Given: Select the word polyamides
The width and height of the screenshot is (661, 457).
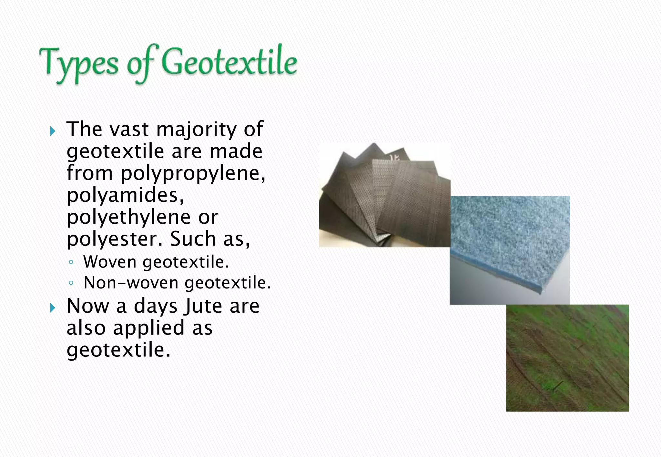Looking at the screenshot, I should pos(125,195).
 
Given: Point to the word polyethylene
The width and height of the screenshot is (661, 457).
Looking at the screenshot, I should pos(128,218).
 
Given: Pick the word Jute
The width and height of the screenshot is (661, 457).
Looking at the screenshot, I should pos(203,306).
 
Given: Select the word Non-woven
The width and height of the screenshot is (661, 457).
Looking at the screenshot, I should pos(131,283).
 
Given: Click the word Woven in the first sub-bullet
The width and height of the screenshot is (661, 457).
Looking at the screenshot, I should pos(110,262).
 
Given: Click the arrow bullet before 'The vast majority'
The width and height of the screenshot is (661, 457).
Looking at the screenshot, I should pos(53,131).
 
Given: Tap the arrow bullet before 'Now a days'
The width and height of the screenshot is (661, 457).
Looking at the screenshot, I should pos(53,308).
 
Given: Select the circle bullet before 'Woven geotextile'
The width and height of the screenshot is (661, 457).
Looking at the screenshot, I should pos(71,262).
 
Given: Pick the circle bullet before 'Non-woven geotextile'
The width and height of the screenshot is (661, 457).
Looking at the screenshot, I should pos(71,283).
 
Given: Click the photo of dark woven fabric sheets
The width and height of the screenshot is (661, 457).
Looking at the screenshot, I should pos(384,195).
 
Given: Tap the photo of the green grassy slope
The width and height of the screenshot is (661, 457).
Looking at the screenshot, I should pos(567,358).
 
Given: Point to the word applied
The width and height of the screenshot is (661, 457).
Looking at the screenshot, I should pos(149,328).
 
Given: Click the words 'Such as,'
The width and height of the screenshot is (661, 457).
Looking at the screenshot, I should pos(210,239).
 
